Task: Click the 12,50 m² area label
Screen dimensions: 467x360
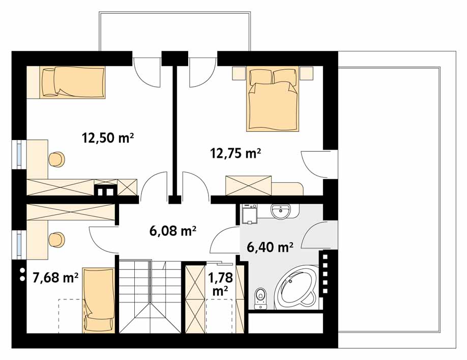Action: click(x=108, y=138)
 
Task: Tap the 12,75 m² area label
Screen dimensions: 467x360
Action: click(x=236, y=153)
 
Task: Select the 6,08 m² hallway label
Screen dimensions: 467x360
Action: click(x=173, y=231)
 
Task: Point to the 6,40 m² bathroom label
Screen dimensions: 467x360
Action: click(x=270, y=247)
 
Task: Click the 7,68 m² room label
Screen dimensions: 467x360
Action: click(x=55, y=278)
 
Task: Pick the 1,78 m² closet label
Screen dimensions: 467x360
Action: click(x=220, y=284)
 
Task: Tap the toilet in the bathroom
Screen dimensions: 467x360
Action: click(x=260, y=298)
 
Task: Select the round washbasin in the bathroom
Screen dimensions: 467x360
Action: click(x=280, y=211)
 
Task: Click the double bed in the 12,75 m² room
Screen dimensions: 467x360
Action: click(x=272, y=99)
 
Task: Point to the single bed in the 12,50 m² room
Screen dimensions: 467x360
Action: click(x=66, y=82)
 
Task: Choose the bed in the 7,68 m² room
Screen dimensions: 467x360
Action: click(x=99, y=300)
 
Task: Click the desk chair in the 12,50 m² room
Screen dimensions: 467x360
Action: click(x=56, y=159)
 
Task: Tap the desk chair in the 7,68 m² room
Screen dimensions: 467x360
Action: click(x=56, y=240)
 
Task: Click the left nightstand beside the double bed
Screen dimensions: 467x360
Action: click(x=239, y=73)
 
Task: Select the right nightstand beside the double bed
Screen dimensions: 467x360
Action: click(x=306, y=73)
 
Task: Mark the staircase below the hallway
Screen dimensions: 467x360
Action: click(x=150, y=297)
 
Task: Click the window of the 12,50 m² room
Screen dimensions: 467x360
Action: click(x=19, y=154)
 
